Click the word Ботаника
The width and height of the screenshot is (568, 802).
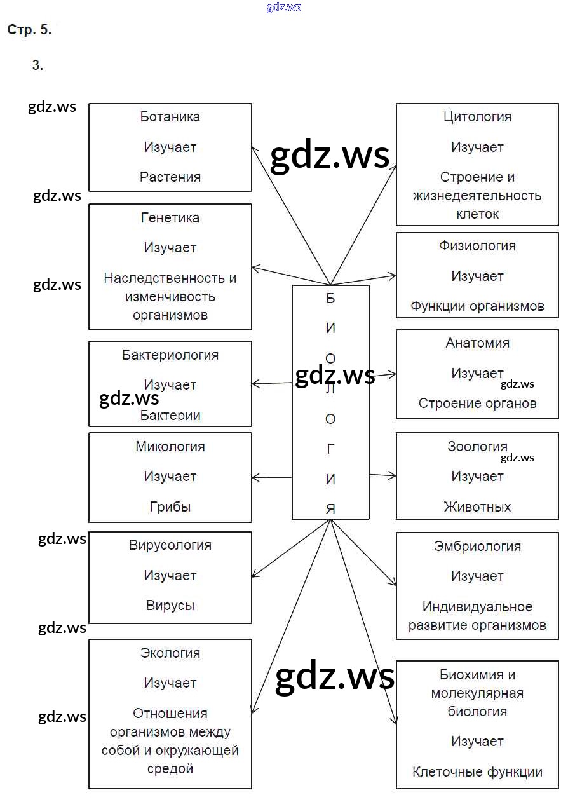pos(170,117)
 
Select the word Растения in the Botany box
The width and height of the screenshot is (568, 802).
pos(170,177)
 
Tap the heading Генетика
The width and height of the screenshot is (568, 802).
pos(170,218)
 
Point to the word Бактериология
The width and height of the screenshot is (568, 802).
pos(170,355)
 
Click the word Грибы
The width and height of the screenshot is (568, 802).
pos(170,507)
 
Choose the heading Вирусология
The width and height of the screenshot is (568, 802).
pos(170,545)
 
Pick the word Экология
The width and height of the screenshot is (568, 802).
pos(170,653)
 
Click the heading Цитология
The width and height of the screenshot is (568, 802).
pos(477,117)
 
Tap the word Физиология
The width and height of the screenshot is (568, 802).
pos(477,246)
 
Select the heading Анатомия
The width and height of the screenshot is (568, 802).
pos(477,343)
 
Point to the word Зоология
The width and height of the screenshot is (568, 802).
pos(477,447)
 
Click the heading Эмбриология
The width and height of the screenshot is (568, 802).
pos(477,547)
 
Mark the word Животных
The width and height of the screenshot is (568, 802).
pos(477,507)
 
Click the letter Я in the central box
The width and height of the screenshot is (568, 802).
pos(330,509)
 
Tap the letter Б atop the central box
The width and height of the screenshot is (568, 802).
pos(330,299)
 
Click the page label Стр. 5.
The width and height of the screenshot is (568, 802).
pos(29,30)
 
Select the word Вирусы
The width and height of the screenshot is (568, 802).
pos(170,606)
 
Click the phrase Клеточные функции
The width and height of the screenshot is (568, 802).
pos(477,773)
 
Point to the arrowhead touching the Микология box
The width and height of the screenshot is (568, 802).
pos(255,477)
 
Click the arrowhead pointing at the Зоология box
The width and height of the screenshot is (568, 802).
pos(393,475)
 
